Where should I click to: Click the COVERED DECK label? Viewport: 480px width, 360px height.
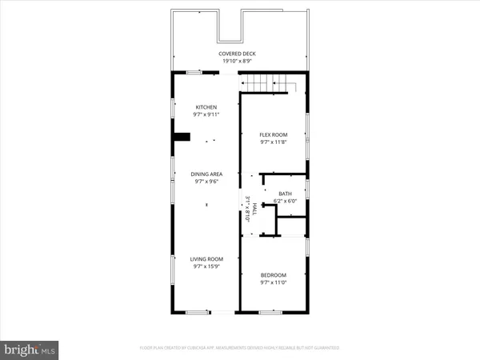click(240, 53)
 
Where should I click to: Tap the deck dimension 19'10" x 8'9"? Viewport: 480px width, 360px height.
click(240, 60)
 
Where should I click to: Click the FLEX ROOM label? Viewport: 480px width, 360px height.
click(273, 134)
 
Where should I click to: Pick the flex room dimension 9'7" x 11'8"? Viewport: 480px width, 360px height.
click(273, 142)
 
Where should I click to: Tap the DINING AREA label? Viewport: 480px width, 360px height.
click(206, 174)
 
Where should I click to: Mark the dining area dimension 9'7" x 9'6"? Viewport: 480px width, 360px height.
click(206, 181)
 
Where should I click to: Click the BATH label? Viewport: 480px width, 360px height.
click(286, 194)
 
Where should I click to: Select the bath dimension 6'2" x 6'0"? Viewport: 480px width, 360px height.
click(286, 201)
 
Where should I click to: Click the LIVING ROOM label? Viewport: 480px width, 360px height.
click(206, 259)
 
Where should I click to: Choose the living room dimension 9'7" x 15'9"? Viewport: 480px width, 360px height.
click(206, 266)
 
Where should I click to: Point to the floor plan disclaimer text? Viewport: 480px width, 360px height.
click(240, 348)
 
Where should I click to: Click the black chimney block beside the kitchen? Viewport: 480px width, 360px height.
click(183, 137)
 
